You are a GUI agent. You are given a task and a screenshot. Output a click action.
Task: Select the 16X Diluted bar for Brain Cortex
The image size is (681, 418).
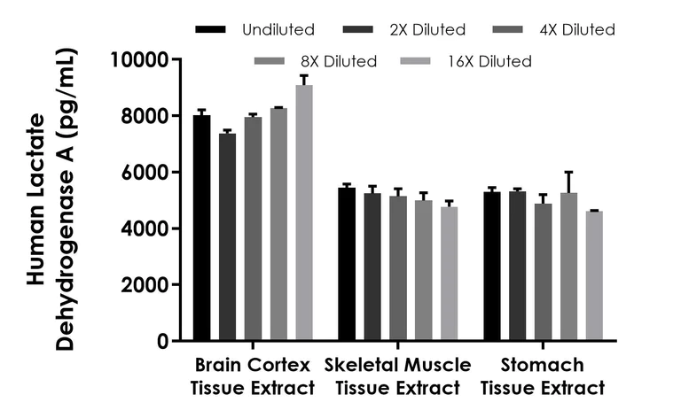304,213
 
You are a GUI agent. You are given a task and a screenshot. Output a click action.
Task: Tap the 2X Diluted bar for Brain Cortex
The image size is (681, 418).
228,237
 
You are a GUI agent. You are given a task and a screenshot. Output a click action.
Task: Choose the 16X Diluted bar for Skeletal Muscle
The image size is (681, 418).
449,274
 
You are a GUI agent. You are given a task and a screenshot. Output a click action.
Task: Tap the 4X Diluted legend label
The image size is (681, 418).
578,30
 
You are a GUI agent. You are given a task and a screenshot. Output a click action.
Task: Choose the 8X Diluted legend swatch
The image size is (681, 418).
270,61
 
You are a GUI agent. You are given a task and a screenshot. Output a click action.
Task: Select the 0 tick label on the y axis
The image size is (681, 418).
162,341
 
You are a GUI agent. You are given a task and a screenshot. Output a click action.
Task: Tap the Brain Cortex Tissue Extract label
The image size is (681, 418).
252,376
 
